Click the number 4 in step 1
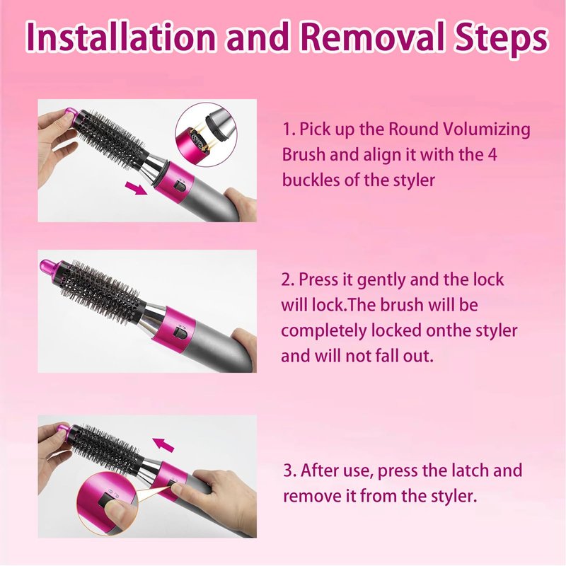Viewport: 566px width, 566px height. pos(492,155)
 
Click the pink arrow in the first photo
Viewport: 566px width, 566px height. pos(136,187)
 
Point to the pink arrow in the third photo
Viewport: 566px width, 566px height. pos(163,444)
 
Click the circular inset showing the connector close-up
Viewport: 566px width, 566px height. pos(206,134)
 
